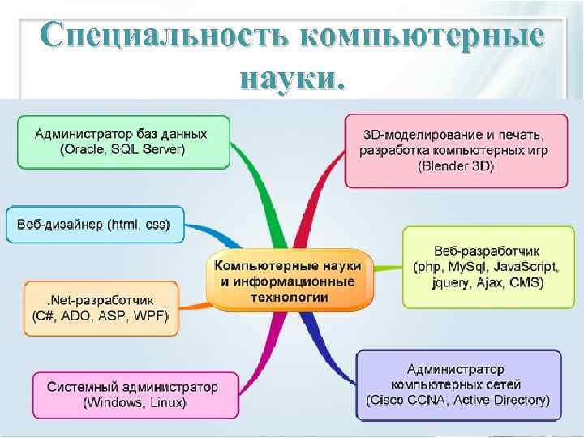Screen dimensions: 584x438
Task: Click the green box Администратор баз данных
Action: tap(123, 141)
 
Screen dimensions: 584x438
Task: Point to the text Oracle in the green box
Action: tap(85, 150)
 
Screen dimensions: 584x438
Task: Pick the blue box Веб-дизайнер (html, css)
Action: tap(95, 224)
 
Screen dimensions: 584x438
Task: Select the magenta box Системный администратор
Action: tap(135, 394)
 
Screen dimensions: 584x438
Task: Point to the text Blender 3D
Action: tap(455, 166)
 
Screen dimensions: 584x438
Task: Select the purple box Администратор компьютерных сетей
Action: tap(458, 384)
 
